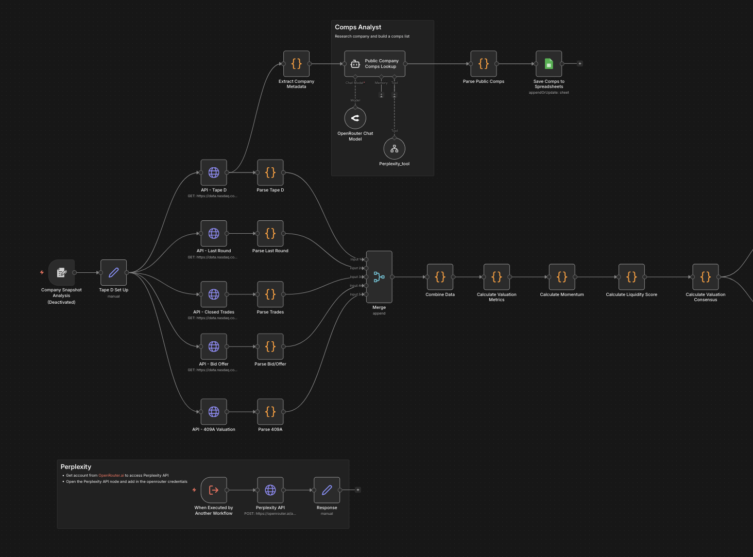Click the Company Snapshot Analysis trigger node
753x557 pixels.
[x=61, y=272]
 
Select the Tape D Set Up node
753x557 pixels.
[x=113, y=272]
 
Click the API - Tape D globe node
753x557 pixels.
[x=214, y=172]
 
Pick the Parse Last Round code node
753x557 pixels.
[x=270, y=233]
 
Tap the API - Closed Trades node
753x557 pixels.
[x=214, y=294]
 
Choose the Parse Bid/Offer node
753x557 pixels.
[x=270, y=346]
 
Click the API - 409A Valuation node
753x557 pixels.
[x=214, y=412]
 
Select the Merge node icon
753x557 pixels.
[x=379, y=277]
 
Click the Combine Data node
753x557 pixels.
[x=440, y=277]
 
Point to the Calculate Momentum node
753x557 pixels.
[x=561, y=277]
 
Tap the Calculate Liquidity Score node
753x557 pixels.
[x=631, y=277]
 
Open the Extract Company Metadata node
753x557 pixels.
[x=296, y=64]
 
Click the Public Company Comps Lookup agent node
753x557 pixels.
[x=374, y=64]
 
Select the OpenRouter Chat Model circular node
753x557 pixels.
[x=355, y=118]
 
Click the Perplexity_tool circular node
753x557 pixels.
[x=394, y=149]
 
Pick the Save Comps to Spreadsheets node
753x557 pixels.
[x=549, y=64]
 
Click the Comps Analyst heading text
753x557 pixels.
[x=358, y=27]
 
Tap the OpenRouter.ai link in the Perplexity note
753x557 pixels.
[x=111, y=476]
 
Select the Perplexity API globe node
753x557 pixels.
[x=270, y=490]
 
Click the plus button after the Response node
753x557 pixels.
[x=358, y=490]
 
